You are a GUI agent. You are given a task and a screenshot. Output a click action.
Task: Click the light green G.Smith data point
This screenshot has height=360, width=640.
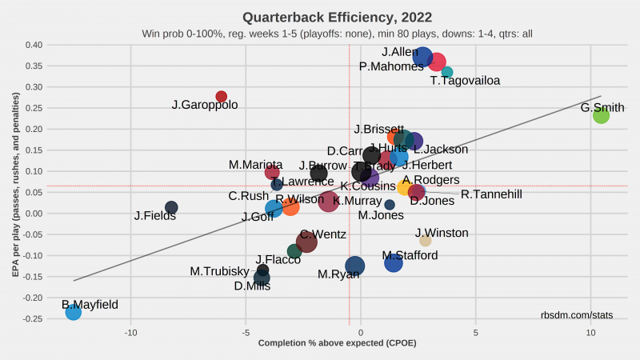[x=601, y=115]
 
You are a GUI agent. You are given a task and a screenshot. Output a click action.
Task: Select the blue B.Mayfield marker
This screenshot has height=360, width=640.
[x=73, y=311]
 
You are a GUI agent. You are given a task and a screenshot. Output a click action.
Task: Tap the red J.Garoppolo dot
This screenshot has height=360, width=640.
[x=222, y=97]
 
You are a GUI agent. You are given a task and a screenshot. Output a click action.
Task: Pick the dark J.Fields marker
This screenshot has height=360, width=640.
[x=171, y=207]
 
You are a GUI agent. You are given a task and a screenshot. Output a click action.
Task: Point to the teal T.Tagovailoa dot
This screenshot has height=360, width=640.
[x=447, y=72]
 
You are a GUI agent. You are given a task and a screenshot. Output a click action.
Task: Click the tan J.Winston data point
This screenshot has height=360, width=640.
[x=426, y=240]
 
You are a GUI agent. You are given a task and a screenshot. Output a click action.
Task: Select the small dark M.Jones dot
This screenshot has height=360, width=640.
[x=390, y=205]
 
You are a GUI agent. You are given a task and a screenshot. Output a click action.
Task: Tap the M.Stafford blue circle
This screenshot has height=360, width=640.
[x=393, y=262]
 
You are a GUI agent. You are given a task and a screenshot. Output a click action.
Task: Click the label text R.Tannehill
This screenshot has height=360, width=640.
[x=491, y=194]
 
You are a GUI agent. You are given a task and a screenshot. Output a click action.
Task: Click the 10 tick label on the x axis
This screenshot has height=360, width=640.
[x=590, y=332]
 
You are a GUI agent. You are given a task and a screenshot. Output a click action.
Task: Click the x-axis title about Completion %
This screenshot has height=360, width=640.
[x=337, y=343]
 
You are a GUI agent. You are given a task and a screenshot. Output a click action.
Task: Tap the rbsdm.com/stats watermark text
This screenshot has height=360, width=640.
[x=576, y=315]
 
